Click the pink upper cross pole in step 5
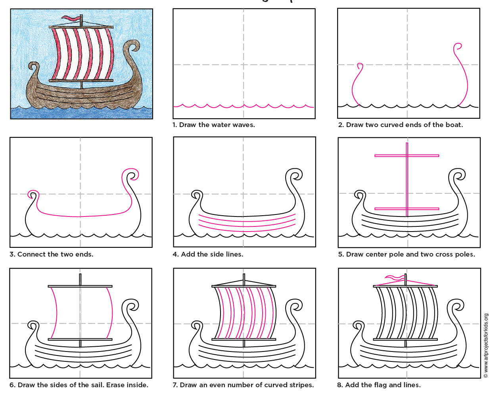pos(407,156)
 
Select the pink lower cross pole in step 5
pos(407,209)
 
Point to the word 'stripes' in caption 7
pos(299,385)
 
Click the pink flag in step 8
pos(395,278)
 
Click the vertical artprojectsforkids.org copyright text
pos(486,346)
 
